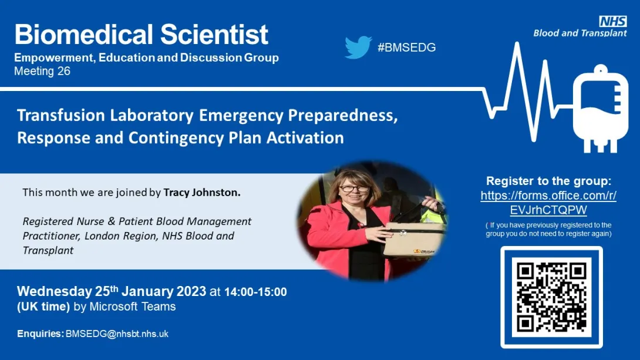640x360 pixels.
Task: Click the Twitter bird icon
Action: (358, 48)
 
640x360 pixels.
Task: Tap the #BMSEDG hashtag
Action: (406, 48)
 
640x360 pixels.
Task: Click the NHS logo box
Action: (613, 21)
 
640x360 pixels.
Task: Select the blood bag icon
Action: (601, 109)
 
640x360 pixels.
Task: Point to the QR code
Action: (551, 298)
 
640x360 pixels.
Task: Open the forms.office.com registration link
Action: (548, 203)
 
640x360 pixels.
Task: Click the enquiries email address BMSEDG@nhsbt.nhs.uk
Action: (117, 334)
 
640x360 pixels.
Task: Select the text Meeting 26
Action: (42, 71)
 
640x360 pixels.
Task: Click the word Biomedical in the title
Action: (84, 34)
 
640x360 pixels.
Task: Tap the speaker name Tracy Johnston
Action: (202, 192)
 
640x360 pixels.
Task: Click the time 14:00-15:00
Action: (255, 292)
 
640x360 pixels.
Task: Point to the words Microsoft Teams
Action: (133, 307)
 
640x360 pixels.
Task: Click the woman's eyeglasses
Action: (354, 189)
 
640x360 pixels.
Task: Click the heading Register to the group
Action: (548, 181)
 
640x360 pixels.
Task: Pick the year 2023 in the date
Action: (191, 291)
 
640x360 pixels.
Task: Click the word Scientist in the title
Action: (214, 34)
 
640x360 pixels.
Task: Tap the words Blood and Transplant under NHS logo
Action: (580, 33)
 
